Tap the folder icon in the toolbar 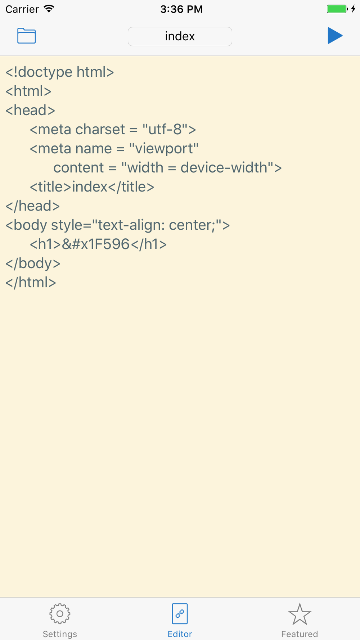point(27,36)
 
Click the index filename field point(180,36)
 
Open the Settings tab point(60,621)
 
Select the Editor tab point(180,621)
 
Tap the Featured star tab point(300,621)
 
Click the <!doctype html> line point(60,72)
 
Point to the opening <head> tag point(30,110)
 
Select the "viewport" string point(164,149)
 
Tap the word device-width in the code point(224,167)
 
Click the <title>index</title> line point(92,187)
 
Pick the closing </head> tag point(33,206)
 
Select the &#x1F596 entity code point(96,244)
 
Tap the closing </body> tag point(33,263)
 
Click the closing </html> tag point(31,282)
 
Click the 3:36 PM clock point(181,9)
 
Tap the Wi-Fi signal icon point(49,9)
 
